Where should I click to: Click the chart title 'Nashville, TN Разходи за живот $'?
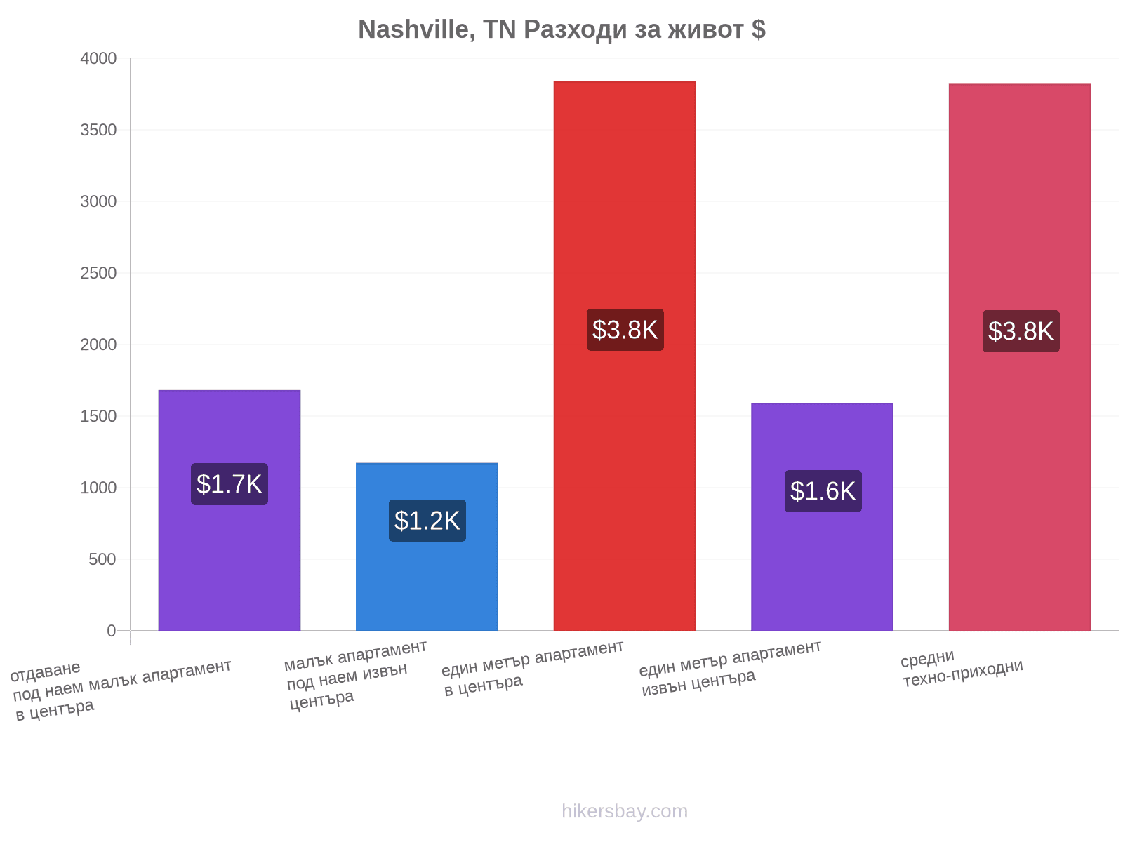[x=561, y=29]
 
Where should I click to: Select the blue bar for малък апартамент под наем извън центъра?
[x=427, y=547]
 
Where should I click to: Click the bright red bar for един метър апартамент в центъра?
[x=624, y=356]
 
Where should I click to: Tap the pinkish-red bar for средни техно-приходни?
[x=1020, y=357]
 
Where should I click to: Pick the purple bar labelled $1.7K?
[x=230, y=510]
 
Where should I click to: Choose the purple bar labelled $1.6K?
[x=822, y=516]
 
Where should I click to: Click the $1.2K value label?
[x=427, y=521]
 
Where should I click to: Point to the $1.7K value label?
[x=230, y=484]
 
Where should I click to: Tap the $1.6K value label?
[x=823, y=490]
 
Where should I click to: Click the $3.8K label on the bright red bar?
[x=625, y=330]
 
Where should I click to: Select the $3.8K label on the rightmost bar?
[x=1021, y=331]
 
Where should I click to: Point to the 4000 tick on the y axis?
[x=98, y=58]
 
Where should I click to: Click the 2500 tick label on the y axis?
[x=98, y=273]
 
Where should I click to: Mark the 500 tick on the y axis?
[x=102, y=559]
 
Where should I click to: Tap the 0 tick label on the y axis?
[x=112, y=630]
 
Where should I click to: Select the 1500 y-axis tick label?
[x=98, y=416]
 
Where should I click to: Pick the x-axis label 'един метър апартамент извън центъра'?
[x=731, y=668]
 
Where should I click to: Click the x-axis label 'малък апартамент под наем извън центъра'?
[x=356, y=675]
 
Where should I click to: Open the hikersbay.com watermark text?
[x=625, y=811]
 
